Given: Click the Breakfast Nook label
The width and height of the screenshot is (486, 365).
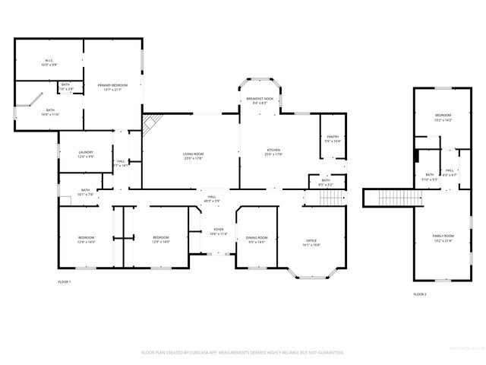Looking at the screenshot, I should pyautogui.click(x=259, y=100).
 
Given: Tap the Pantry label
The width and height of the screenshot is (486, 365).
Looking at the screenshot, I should pyautogui.click(x=333, y=138).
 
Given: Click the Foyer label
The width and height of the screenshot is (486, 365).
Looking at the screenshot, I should pyautogui.click(x=219, y=230).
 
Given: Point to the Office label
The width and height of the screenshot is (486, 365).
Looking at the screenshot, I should pyautogui.click(x=311, y=241).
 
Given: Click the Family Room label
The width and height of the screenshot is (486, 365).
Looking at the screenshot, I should pyautogui.click(x=443, y=237).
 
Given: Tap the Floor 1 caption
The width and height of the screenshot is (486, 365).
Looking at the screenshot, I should pyautogui.click(x=65, y=281).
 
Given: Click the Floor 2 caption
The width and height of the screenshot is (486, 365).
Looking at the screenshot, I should pyautogui.click(x=420, y=293).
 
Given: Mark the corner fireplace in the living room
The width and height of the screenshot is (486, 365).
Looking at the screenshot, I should pyautogui.click(x=150, y=122).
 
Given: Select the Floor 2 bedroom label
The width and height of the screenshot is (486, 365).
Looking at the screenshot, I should pyautogui.click(x=443, y=116).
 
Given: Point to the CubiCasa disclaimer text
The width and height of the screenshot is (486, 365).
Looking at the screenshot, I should pyautogui.click(x=243, y=352).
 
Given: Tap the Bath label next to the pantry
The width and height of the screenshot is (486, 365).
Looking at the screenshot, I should pyautogui.click(x=325, y=181).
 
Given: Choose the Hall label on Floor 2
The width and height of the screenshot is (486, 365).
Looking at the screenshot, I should pyautogui.click(x=450, y=171).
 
